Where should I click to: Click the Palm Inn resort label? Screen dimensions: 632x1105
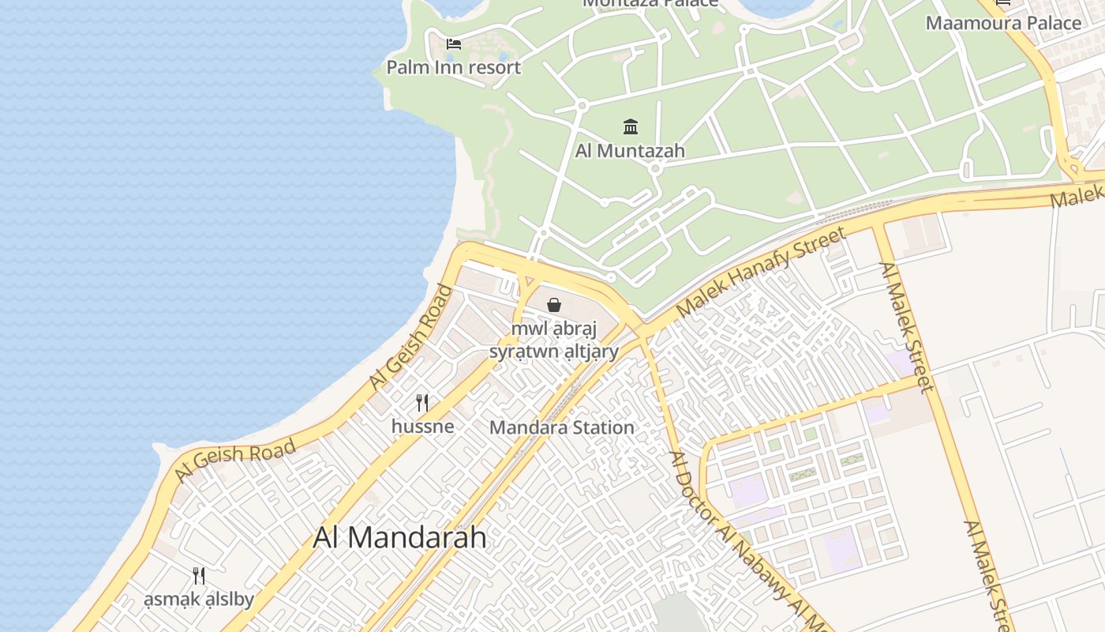tap(453, 67)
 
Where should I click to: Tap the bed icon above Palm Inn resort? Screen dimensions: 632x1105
tap(453, 44)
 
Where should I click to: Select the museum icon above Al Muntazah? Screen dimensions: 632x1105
tap(630, 126)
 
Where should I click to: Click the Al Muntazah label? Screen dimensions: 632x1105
tap(630, 150)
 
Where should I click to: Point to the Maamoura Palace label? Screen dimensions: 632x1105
tap(1003, 23)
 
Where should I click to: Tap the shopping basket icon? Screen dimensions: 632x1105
tap(554, 305)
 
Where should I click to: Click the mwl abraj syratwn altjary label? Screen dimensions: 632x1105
tap(554, 340)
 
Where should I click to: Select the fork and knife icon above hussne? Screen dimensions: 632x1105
tap(422, 403)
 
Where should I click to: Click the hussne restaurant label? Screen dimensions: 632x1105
tap(422, 427)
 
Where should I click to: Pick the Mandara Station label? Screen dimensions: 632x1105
tap(561, 427)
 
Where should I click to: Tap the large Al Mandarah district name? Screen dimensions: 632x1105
tap(399, 538)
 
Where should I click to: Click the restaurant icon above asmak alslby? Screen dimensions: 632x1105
tap(199, 576)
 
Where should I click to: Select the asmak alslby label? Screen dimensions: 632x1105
tap(199, 600)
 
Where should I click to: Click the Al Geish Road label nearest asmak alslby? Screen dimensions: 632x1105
tap(234, 461)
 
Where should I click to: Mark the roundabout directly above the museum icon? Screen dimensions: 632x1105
tap(582, 104)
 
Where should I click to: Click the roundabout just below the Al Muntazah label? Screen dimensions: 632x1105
tap(654, 168)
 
